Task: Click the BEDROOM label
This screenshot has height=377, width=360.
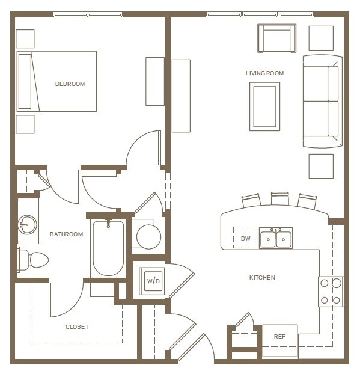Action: (x=70, y=84)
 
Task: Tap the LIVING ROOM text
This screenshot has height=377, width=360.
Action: (x=264, y=73)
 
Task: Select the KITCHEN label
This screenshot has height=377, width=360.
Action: (x=262, y=278)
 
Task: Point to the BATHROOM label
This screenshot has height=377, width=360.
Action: (x=66, y=234)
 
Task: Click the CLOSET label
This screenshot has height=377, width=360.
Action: (x=77, y=327)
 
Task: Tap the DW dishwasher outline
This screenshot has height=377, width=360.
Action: (x=245, y=238)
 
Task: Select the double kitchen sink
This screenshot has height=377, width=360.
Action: (x=276, y=238)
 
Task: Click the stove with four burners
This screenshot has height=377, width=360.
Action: (x=330, y=291)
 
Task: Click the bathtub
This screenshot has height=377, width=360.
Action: (x=108, y=248)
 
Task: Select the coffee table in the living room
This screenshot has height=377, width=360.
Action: (x=264, y=106)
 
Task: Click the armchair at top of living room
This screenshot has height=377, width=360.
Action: (x=276, y=38)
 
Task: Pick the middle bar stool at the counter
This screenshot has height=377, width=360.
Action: (x=279, y=200)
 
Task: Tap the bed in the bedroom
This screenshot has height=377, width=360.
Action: (x=57, y=81)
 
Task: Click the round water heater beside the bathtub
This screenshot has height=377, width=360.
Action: (x=148, y=236)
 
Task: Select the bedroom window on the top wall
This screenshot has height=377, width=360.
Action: (x=88, y=14)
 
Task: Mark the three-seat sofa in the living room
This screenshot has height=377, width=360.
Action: (x=322, y=101)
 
